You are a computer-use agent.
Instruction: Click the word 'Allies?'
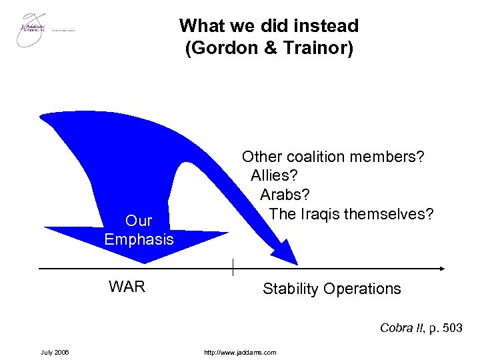(x=275, y=175)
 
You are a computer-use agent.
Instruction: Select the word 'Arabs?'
(x=285, y=195)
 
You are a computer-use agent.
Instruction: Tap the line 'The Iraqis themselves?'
(x=351, y=214)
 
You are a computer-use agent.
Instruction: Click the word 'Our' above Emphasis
(x=139, y=221)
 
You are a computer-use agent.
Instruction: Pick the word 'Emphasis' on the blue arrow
(x=139, y=239)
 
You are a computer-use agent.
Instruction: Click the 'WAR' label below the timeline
(x=127, y=288)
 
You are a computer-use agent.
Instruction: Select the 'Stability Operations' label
(x=331, y=289)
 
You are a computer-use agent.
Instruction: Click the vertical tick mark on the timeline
(x=233, y=267)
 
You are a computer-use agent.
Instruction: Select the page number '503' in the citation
(x=451, y=327)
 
